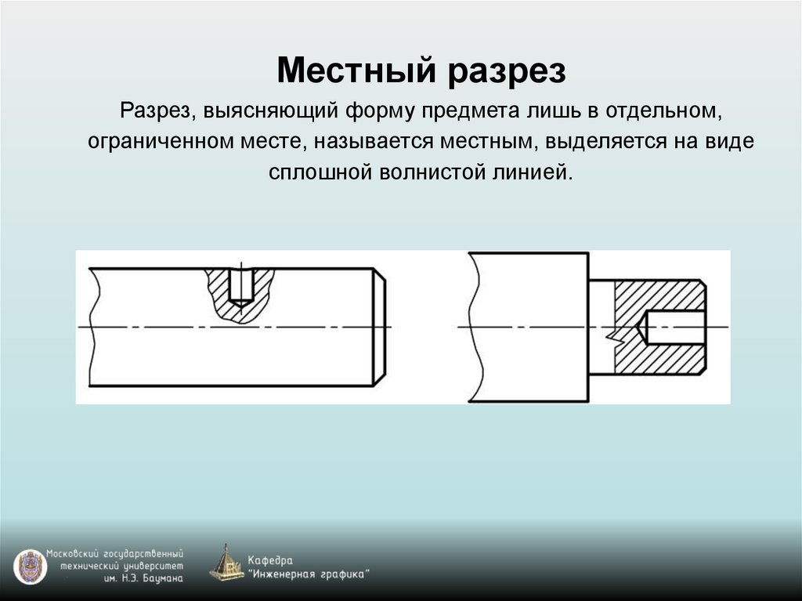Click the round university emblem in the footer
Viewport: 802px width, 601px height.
click(x=31, y=566)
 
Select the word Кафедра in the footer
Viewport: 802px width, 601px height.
click(x=269, y=560)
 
